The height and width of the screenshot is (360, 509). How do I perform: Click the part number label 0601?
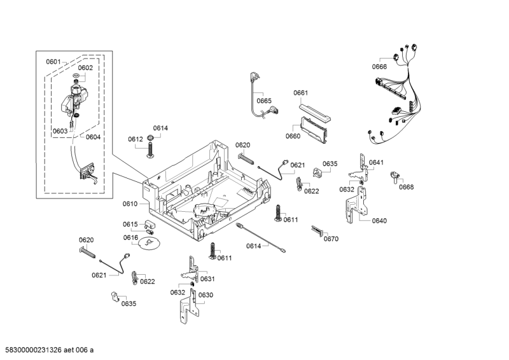click(x=53, y=62)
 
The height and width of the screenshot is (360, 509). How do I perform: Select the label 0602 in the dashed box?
click(x=85, y=68)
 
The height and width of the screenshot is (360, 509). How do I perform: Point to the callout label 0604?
click(x=93, y=137)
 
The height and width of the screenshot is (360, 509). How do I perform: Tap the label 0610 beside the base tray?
click(x=130, y=204)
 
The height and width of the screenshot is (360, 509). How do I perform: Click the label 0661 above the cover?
click(x=300, y=93)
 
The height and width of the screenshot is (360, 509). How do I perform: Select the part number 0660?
click(x=293, y=136)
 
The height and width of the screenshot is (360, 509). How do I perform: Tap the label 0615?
click(x=130, y=225)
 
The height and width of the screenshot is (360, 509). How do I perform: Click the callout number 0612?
click(x=135, y=139)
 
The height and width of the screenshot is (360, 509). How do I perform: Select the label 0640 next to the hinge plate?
click(x=379, y=221)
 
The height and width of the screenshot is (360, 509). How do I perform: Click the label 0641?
click(x=376, y=163)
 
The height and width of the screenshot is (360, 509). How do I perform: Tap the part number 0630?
click(x=206, y=295)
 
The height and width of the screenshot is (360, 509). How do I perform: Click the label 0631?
click(x=207, y=279)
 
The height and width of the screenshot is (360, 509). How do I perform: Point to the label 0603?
click(x=60, y=132)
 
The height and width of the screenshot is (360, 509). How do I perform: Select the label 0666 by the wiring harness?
click(x=379, y=67)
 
